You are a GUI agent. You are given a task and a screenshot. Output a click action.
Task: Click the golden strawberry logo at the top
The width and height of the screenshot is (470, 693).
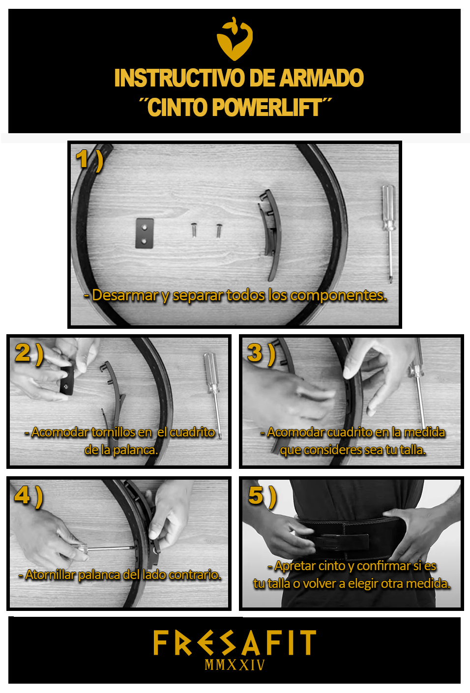click(235, 39)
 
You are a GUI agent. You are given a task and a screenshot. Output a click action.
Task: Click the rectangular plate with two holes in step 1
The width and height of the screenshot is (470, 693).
click(145, 233)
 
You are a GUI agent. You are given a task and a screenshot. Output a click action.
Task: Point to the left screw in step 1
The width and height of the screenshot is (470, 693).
click(194, 230)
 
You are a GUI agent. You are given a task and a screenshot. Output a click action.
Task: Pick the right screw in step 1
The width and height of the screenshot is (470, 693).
click(219, 231)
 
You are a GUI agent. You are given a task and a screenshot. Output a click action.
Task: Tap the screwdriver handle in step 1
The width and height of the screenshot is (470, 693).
click(388, 207)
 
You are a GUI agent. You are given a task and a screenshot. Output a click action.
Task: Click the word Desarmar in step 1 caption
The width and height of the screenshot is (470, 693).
click(125, 295)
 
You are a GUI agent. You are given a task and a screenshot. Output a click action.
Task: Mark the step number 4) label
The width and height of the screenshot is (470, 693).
click(29, 496)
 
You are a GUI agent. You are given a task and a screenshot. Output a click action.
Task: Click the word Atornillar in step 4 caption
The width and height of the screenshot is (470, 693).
click(51, 575)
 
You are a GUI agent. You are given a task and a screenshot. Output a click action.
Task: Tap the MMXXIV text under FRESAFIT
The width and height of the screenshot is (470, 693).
click(235, 665)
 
